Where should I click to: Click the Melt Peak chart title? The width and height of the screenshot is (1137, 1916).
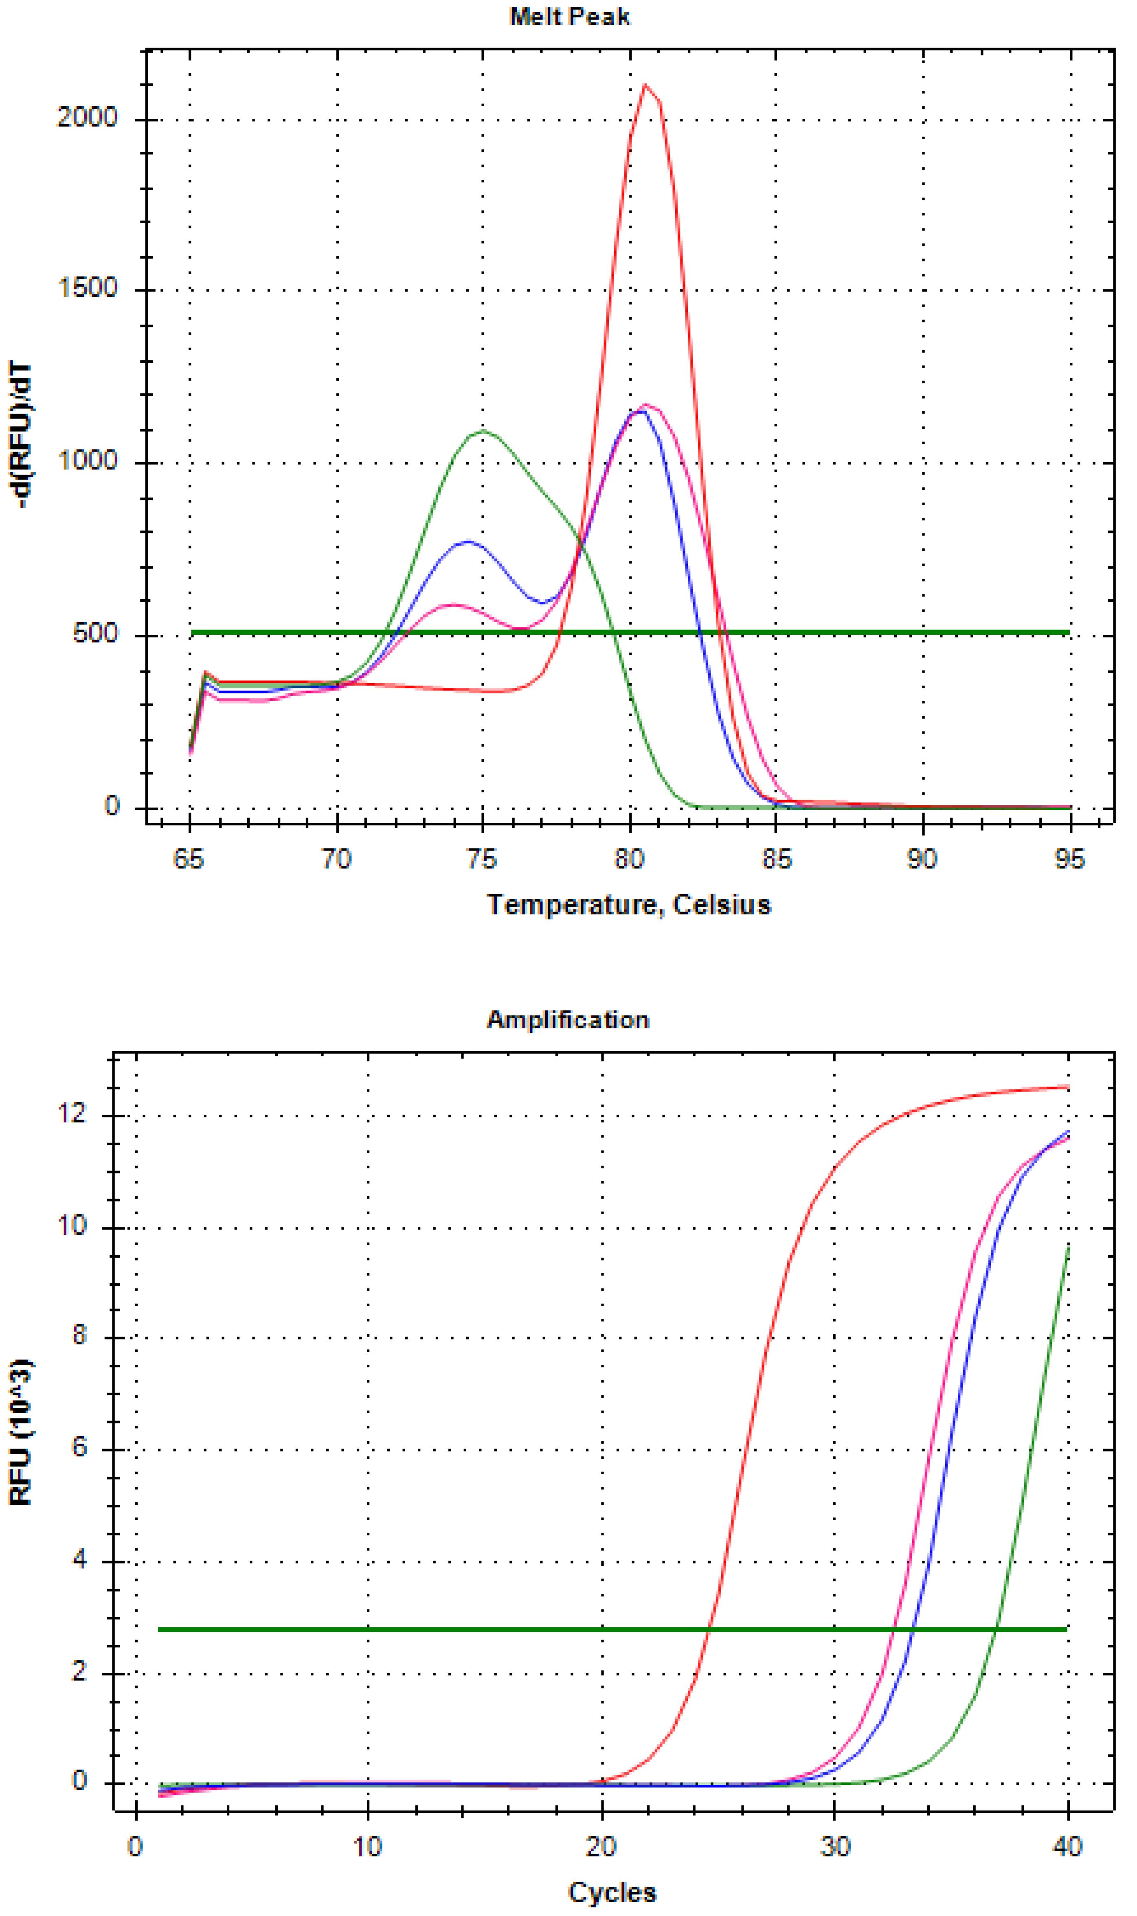point(569,17)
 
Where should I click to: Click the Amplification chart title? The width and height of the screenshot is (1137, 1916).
point(568,1020)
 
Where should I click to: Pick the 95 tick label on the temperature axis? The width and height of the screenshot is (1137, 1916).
point(1069,859)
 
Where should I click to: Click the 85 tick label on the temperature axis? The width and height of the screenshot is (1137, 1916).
point(776,859)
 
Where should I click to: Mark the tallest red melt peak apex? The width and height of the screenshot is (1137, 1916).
point(645,85)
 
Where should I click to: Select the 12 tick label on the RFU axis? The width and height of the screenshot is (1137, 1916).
point(74,1114)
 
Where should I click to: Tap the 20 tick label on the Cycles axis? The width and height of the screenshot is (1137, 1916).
point(601,1847)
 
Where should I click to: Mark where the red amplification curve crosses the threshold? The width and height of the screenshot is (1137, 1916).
point(709,1629)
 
